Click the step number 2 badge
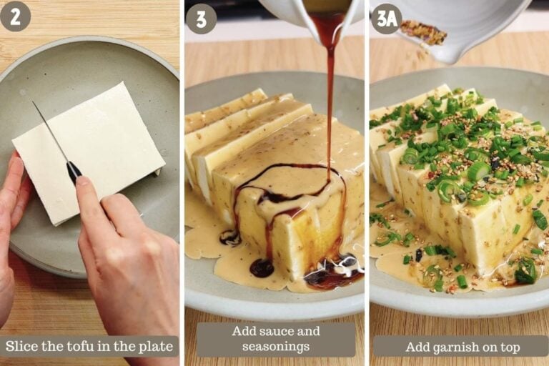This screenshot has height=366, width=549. coord(15,16)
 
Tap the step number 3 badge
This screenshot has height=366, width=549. coord(201,19)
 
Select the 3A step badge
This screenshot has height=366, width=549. coord(387,19)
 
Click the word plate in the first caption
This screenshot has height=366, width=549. coord(156,347)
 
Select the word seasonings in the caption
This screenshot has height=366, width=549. coord(276,347)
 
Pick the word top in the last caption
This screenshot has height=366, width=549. coord(510,348)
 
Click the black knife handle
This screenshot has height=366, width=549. coord(74,172)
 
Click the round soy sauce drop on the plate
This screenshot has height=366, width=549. coord(262,269)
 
